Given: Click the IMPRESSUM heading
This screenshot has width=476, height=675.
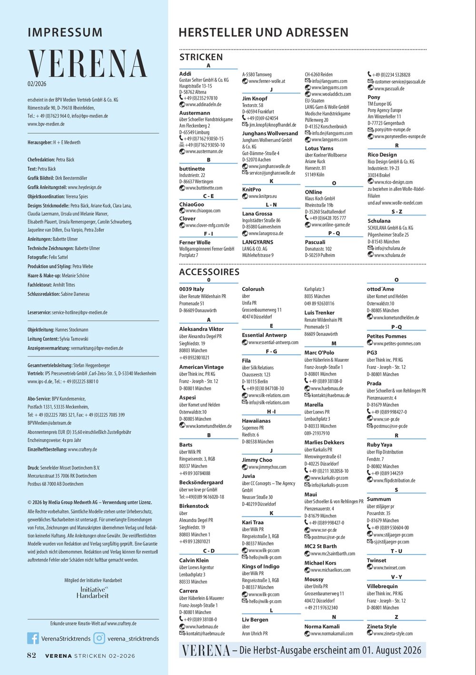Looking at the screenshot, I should pyautogui.click(x=65, y=32).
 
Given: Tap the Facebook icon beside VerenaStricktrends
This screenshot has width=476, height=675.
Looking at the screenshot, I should pyautogui.click(x=33, y=638).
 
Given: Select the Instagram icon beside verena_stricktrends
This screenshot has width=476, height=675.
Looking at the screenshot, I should pyautogui.click(x=99, y=638).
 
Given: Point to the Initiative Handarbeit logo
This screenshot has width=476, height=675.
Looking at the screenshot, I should pyautogui.click(x=92, y=592).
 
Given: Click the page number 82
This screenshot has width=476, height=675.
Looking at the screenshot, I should pyautogui.click(x=31, y=655).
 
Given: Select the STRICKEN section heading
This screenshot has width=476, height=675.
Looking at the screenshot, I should pyautogui.click(x=201, y=57).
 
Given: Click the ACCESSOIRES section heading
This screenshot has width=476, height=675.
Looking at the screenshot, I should pyautogui.click(x=209, y=272).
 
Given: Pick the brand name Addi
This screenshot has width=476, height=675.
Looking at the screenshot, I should pyautogui.click(x=185, y=74).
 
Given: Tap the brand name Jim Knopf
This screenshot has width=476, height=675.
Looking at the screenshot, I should pyautogui.click(x=255, y=99).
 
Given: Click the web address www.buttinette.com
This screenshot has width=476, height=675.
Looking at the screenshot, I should pyautogui.click(x=203, y=188).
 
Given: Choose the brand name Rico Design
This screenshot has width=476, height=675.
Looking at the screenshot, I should pyautogui.click(x=382, y=155).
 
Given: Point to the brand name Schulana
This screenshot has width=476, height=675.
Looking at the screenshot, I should pyautogui.click(x=379, y=221).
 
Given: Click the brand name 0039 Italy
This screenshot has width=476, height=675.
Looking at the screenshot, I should pyautogui.click(x=191, y=289).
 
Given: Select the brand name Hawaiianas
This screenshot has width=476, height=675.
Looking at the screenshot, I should pyautogui.click(x=256, y=421).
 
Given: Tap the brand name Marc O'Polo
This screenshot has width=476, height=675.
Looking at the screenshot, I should pyautogui.click(x=319, y=353).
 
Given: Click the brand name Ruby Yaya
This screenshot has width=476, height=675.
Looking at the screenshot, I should pyautogui.click(x=379, y=445).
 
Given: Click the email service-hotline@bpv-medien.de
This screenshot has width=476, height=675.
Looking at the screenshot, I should pyautogui.click(x=79, y=313).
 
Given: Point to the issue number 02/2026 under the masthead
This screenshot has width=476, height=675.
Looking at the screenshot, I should pyautogui.click(x=37, y=84).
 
